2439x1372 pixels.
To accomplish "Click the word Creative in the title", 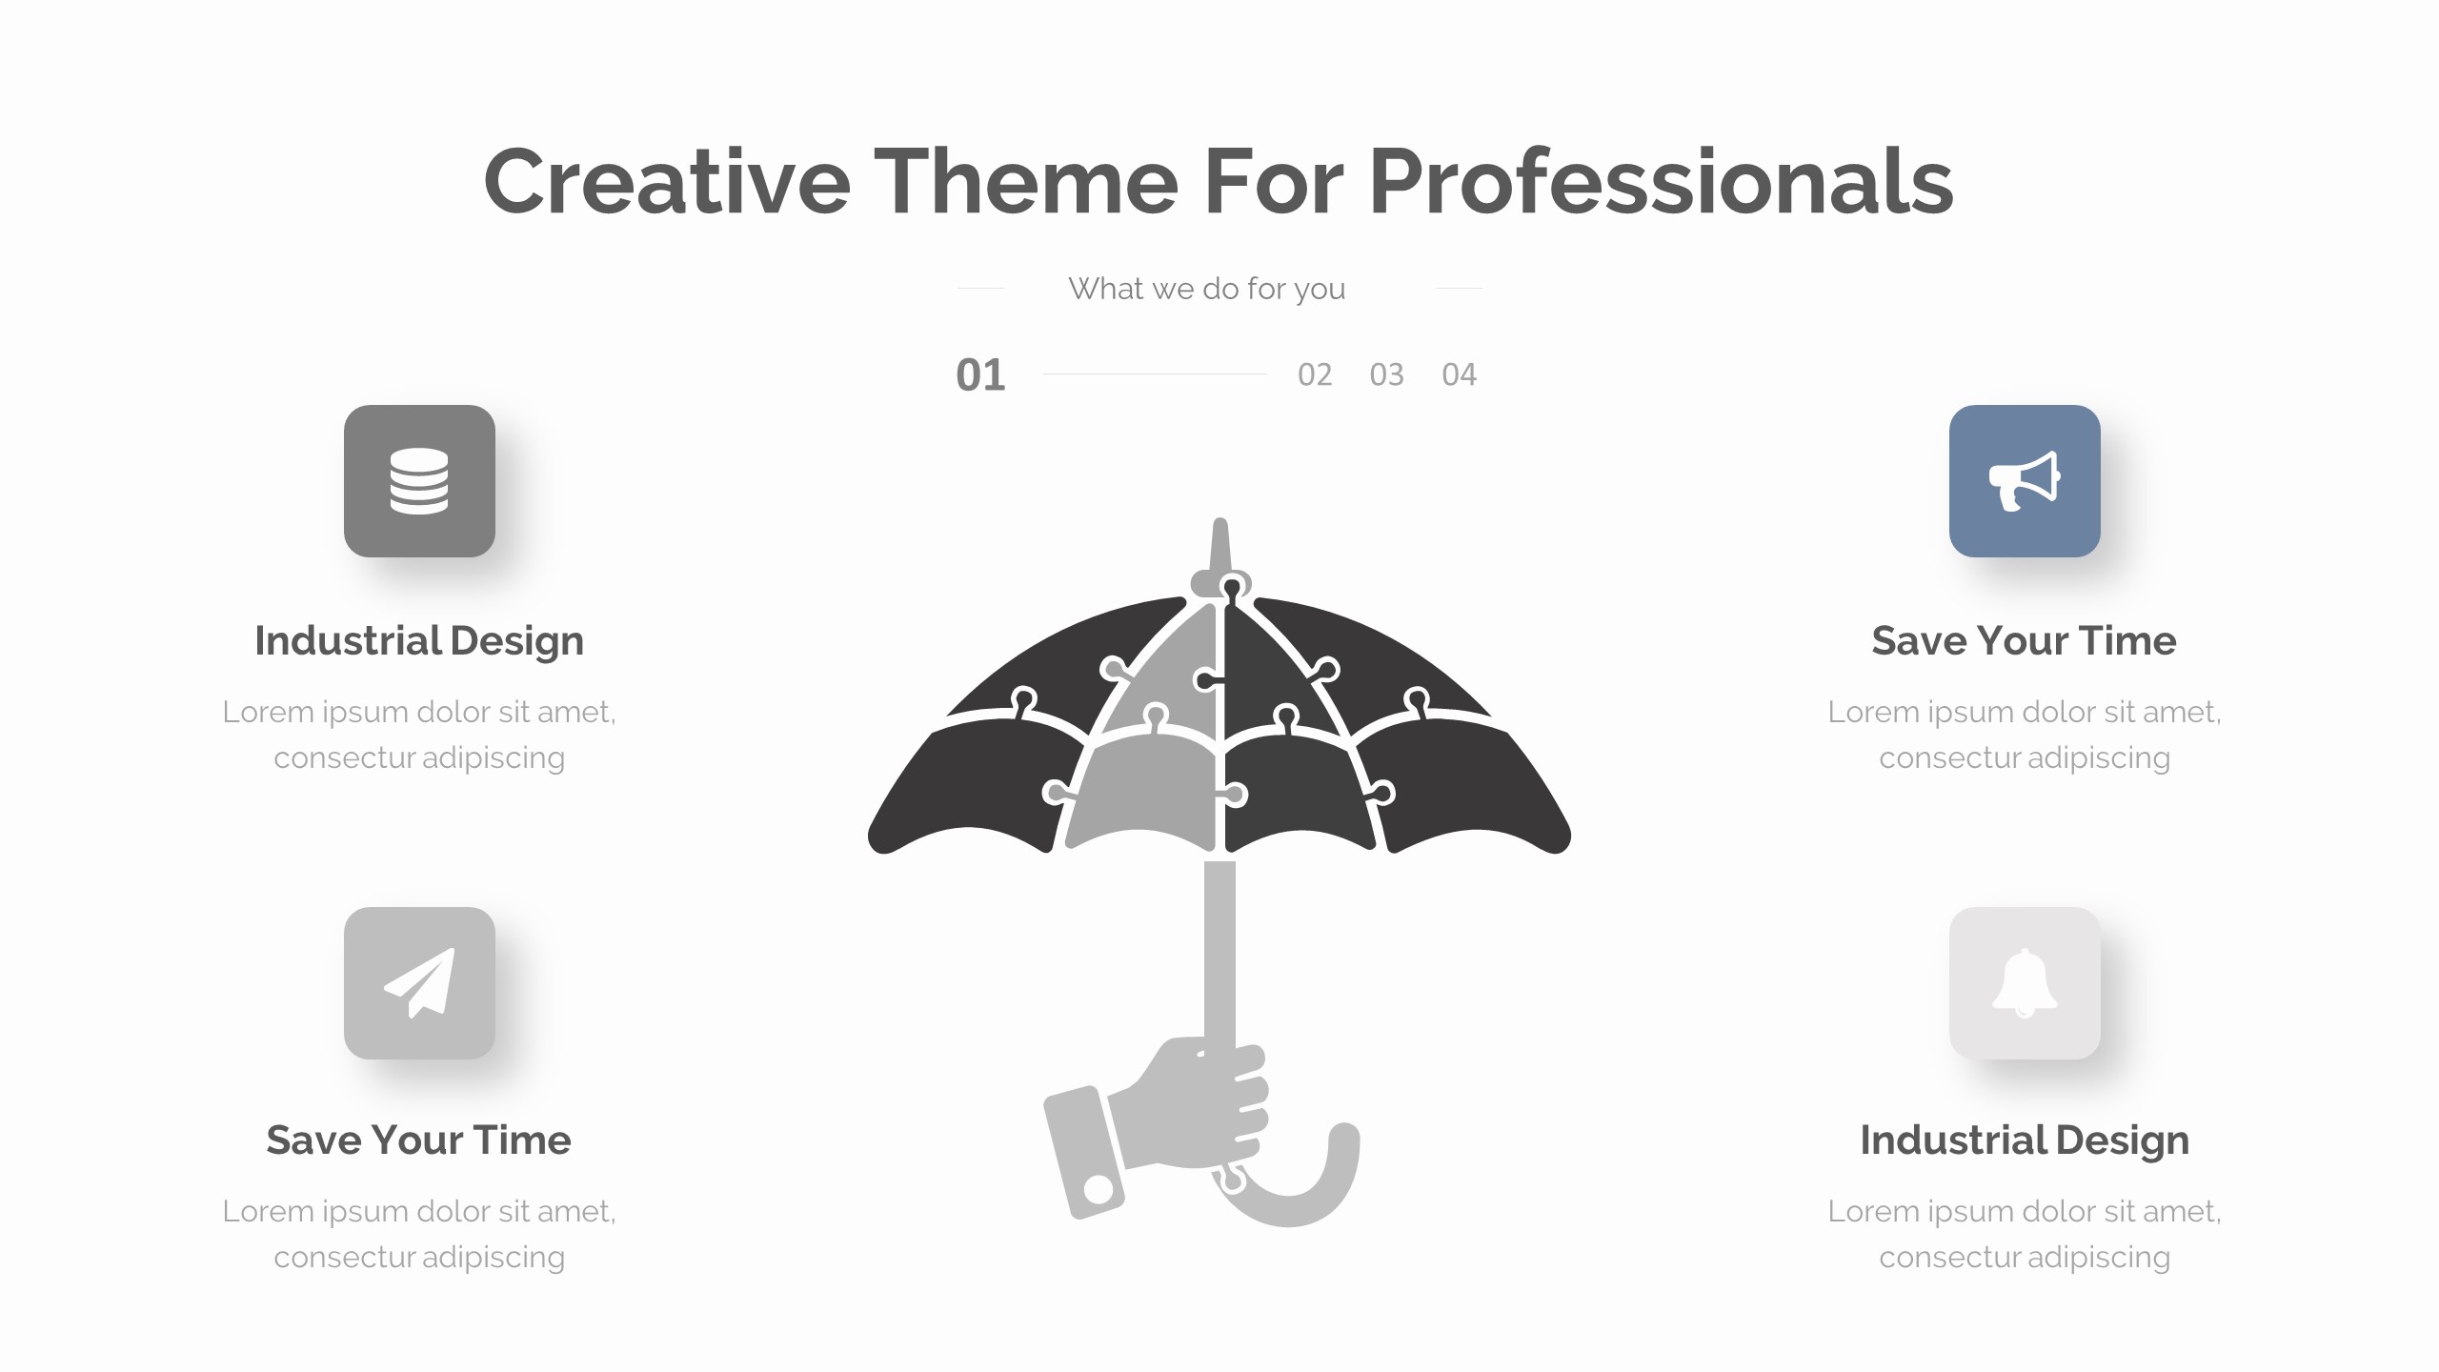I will [667, 181].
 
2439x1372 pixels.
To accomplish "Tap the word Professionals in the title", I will [1661, 181].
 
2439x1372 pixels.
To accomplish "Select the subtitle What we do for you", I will [1206, 288].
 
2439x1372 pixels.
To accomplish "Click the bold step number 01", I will [980, 375].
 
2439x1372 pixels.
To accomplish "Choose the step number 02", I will [1315, 374].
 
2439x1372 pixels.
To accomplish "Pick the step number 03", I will [1386, 374].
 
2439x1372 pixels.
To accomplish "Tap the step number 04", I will [1459, 374].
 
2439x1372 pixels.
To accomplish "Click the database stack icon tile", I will [419, 481].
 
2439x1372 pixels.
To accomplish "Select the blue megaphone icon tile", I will [2025, 481].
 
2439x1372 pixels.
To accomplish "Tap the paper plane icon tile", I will [419, 983].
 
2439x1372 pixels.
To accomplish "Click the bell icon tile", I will [2025, 983].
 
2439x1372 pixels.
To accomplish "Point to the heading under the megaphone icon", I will [2024, 640].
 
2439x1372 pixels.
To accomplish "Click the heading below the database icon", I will [419, 640].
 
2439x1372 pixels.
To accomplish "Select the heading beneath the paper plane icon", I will [419, 1140].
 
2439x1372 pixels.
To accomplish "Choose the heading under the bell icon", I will [2025, 1140].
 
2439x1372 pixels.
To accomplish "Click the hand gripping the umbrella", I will [1191, 1105].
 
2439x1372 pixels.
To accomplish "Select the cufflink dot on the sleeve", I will [1099, 1188].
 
